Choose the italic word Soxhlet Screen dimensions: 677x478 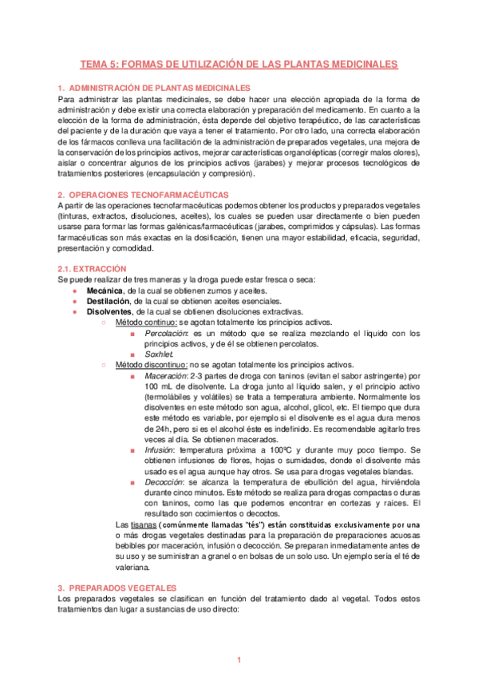coord(158,354)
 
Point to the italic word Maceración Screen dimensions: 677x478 coord(166,374)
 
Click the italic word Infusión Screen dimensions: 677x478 coord(160,449)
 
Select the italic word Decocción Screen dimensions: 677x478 coord(164,482)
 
